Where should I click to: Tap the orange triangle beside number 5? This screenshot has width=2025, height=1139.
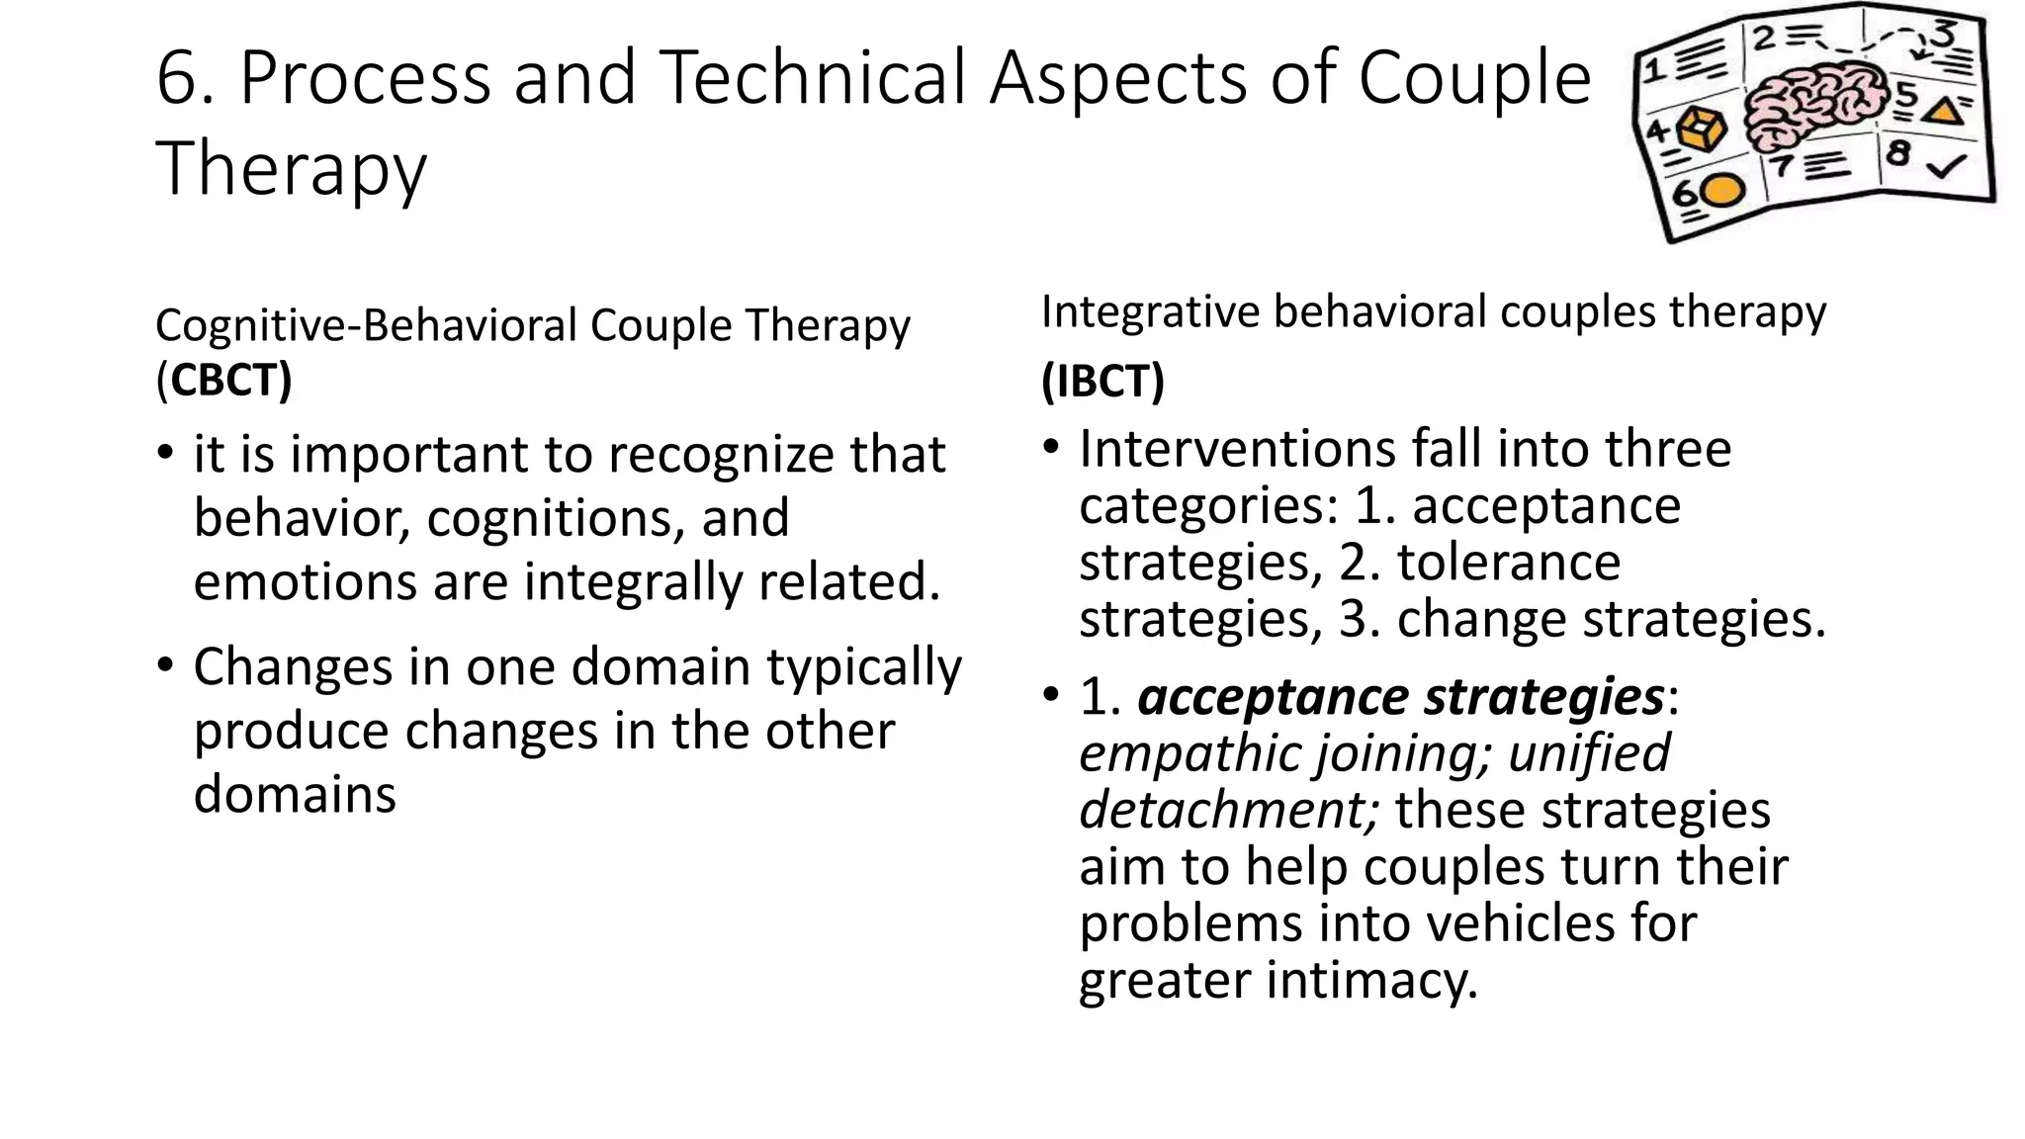tap(1944, 109)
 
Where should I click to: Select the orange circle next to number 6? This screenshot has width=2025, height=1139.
tap(1721, 190)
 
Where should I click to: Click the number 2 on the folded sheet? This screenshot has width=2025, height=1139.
tap(1764, 38)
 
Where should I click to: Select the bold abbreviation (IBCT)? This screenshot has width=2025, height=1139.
tap(1102, 381)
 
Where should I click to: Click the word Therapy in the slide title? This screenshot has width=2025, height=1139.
tap(291, 168)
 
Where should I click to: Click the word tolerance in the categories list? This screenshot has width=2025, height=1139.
tap(1508, 563)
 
